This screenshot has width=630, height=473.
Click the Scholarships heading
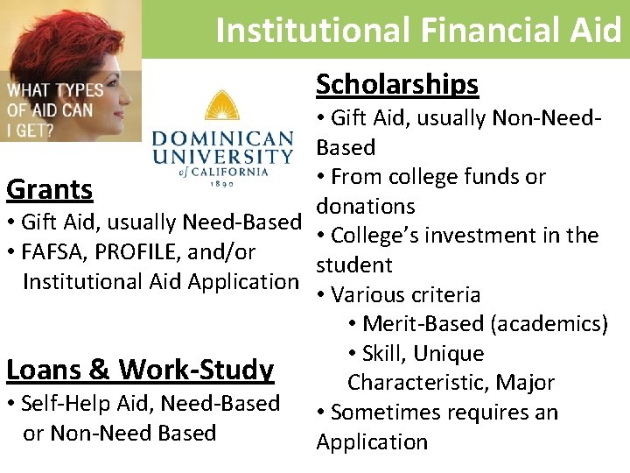point(397,84)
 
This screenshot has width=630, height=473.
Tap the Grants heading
point(50,189)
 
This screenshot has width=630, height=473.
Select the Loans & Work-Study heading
point(140,370)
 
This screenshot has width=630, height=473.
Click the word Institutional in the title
point(310,30)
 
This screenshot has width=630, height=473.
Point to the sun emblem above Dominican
point(223,109)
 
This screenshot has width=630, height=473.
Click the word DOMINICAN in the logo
point(223,138)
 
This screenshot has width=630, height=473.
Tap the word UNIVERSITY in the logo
point(223,158)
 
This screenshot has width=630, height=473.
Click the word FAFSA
point(61,252)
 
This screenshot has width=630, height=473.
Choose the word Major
point(528,383)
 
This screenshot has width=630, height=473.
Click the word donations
point(366,206)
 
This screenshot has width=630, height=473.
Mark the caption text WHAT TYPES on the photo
point(55,90)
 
